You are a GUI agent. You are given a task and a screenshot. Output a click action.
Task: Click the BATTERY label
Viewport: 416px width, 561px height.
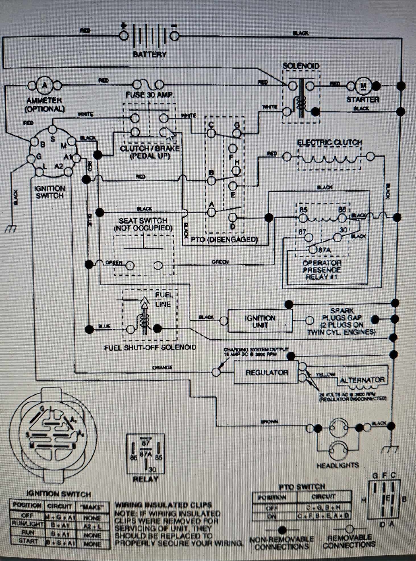click(150, 54)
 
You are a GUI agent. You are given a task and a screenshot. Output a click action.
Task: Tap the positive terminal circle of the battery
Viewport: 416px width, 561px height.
click(124, 36)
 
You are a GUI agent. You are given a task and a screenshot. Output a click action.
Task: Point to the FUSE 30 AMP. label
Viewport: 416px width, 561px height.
click(150, 95)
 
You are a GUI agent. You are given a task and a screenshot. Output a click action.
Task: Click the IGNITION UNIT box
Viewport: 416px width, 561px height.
click(260, 321)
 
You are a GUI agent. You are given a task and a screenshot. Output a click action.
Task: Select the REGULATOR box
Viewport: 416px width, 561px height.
click(266, 372)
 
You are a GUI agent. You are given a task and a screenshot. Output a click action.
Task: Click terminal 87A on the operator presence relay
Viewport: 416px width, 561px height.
click(313, 250)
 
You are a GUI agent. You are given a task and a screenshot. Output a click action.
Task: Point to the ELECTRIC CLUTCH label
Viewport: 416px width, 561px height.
click(329, 143)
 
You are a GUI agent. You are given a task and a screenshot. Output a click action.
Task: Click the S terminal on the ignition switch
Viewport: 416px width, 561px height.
click(52, 129)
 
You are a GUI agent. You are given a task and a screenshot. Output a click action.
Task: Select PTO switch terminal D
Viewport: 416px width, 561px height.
click(233, 218)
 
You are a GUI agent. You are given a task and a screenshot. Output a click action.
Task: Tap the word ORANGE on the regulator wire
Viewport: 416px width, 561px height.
click(162, 367)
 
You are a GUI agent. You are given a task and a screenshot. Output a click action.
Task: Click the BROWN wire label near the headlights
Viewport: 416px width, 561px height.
click(269, 422)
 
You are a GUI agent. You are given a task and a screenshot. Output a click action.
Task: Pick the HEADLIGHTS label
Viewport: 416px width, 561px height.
click(338, 465)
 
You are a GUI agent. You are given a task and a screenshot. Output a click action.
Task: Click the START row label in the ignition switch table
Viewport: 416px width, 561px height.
click(28, 541)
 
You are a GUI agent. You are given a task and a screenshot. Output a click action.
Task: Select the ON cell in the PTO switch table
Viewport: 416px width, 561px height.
click(272, 516)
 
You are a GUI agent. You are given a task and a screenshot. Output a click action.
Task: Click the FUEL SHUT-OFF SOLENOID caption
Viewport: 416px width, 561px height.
click(150, 348)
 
